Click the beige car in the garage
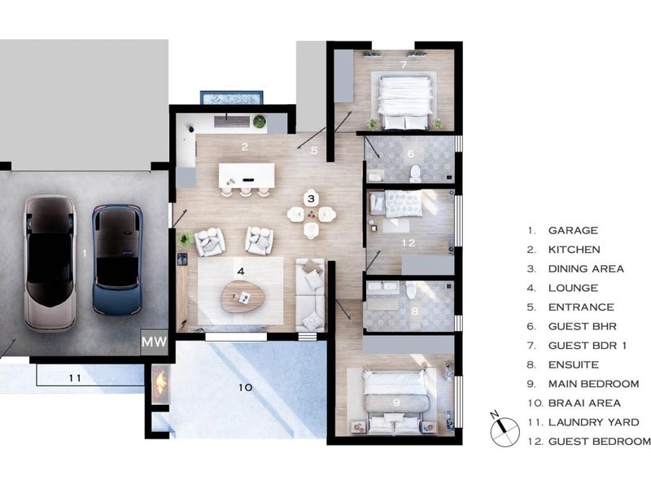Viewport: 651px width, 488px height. click(x=50, y=262)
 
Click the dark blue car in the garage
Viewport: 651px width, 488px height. click(x=117, y=259)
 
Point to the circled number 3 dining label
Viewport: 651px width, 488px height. click(x=311, y=198)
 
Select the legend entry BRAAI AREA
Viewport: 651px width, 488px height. click(x=584, y=403)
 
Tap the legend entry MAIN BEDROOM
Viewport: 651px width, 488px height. click(x=593, y=384)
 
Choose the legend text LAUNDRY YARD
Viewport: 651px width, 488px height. click(x=593, y=422)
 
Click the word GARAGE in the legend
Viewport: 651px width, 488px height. click(x=573, y=231)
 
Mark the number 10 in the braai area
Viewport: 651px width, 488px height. click(x=246, y=388)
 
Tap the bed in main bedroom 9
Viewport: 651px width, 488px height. click(x=394, y=401)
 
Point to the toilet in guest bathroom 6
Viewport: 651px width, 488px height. click(x=414, y=172)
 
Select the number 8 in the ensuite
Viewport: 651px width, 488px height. click(x=413, y=310)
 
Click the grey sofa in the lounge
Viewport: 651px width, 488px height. click(x=311, y=294)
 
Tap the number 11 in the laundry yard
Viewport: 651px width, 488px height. click(x=76, y=378)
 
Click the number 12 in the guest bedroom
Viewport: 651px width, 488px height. click(x=409, y=243)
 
